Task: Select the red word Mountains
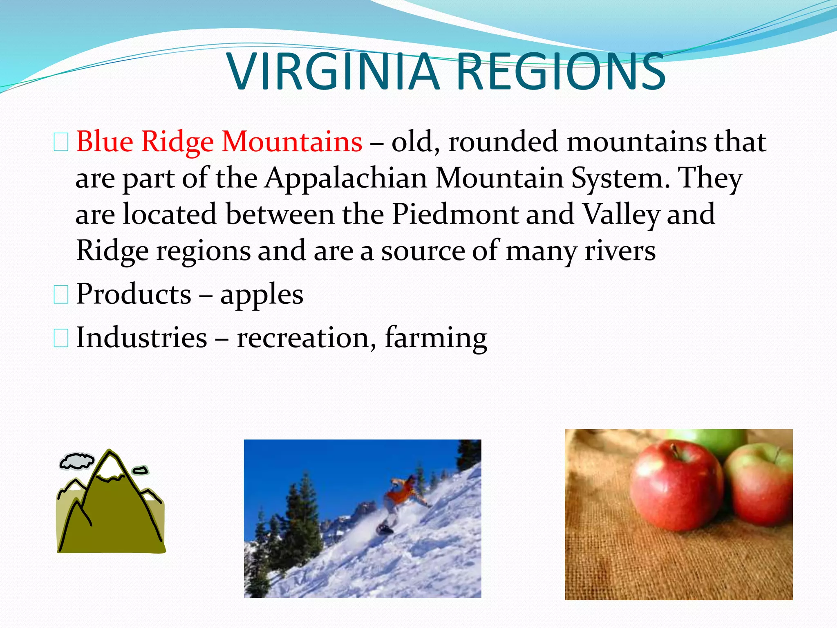[x=291, y=141]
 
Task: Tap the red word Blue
[x=105, y=141]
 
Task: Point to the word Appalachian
[x=346, y=178]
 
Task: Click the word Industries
[x=141, y=338]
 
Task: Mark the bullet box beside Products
[x=61, y=295]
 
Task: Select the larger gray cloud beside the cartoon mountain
[x=76, y=460]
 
